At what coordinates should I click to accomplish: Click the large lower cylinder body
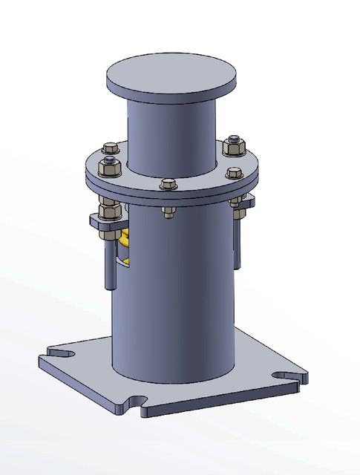[174, 297]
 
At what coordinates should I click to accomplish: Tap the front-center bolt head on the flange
[168, 184]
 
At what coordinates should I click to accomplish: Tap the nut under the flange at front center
[168, 213]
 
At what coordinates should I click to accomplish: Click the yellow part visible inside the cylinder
[125, 240]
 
